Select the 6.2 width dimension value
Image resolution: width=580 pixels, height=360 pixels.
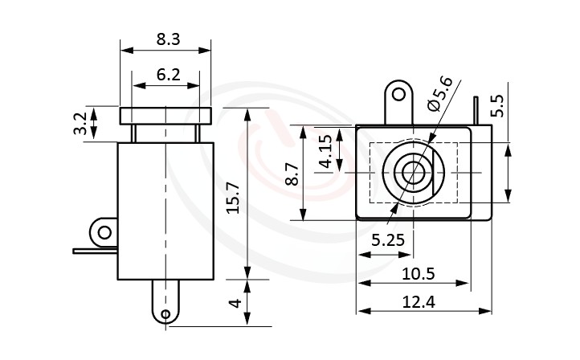(x=168, y=75)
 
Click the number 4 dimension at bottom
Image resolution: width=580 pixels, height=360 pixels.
(x=234, y=305)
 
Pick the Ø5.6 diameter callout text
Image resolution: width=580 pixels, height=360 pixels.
(x=440, y=92)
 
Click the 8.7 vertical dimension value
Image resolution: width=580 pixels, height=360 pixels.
(x=292, y=174)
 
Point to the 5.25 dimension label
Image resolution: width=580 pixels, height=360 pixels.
(x=387, y=239)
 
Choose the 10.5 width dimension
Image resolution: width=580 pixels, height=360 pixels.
(x=417, y=274)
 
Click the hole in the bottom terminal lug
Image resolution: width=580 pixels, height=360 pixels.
(x=165, y=313)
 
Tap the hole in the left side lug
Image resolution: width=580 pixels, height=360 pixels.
(x=104, y=233)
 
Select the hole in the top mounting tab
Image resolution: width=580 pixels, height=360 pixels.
(x=396, y=96)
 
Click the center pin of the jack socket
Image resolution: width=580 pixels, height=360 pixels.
(x=415, y=173)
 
